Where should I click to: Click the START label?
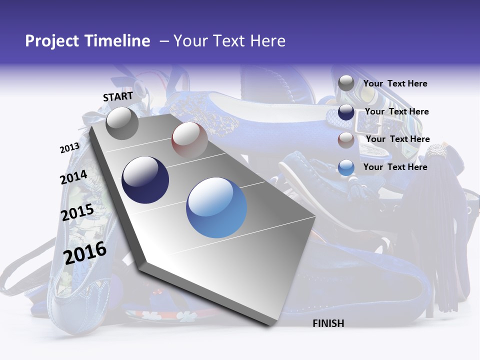coord(118,96)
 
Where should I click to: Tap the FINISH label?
coord(328,323)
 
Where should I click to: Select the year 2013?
coord(69,148)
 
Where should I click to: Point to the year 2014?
coord(73,177)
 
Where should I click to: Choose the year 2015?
coord(77,212)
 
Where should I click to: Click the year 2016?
coord(85,252)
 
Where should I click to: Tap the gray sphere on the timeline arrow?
coord(122,123)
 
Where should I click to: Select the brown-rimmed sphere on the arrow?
coord(189,140)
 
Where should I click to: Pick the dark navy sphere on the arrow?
coord(145,180)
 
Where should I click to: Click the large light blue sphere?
coord(216,207)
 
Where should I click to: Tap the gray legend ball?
coord(346,83)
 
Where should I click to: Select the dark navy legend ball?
coord(346,112)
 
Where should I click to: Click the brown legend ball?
coord(346,139)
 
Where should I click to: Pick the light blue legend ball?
coord(346,167)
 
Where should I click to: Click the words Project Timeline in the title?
coord(87,41)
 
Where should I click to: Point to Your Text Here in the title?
coord(229,41)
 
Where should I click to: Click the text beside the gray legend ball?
coord(395,83)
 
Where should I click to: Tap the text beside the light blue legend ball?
coord(395,167)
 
